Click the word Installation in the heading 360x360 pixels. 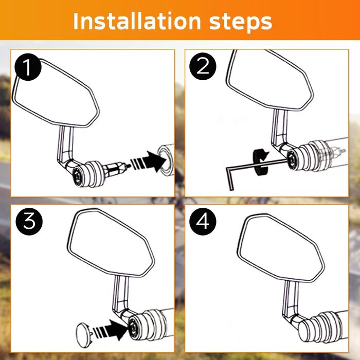(x=137, y=21)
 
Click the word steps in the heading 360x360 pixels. (x=241, y=22)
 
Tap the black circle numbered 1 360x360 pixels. (x=28, y=67)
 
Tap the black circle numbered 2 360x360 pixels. (x=203, y=66)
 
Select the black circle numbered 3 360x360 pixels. (x=29, y=221)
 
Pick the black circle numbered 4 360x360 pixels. (x=203, y=221)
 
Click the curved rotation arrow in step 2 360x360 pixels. (x=260, y=161)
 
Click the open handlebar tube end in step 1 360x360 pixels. (x=165, y=160)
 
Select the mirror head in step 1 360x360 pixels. (x=56, y=93)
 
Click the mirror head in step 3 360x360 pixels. (x=111, y=242)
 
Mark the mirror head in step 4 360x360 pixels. (x=281, y=248)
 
